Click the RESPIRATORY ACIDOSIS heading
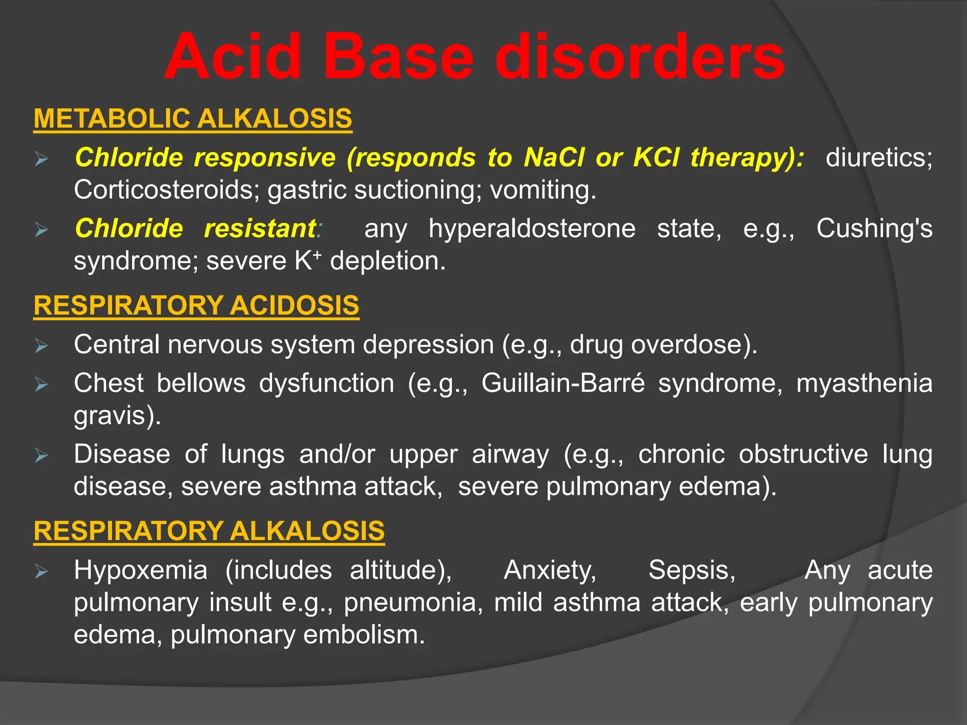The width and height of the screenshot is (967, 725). tap(196, 305)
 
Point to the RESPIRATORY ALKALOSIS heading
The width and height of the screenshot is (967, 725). tap(209, 531)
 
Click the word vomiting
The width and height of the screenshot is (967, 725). tap(543, 190)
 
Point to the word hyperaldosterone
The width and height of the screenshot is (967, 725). tap(532, 228)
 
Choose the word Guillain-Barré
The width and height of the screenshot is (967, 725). tap(563, 383)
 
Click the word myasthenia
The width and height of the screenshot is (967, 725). tap(865, 383)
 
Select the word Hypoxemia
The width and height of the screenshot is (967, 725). tap(141, 570)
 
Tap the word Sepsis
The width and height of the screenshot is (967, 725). tap(692, 570)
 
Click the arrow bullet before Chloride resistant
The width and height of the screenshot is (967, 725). tap(42, 230)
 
